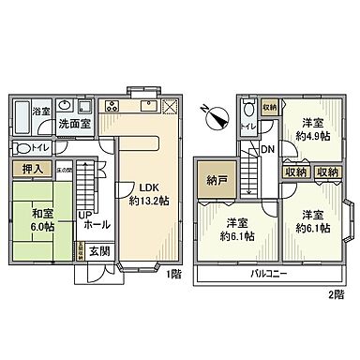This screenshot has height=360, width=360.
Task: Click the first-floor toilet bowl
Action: tap(22, 148)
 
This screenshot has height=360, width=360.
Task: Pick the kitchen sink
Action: tap(149, 104)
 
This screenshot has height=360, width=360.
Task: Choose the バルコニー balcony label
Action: tap(269, 275)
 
